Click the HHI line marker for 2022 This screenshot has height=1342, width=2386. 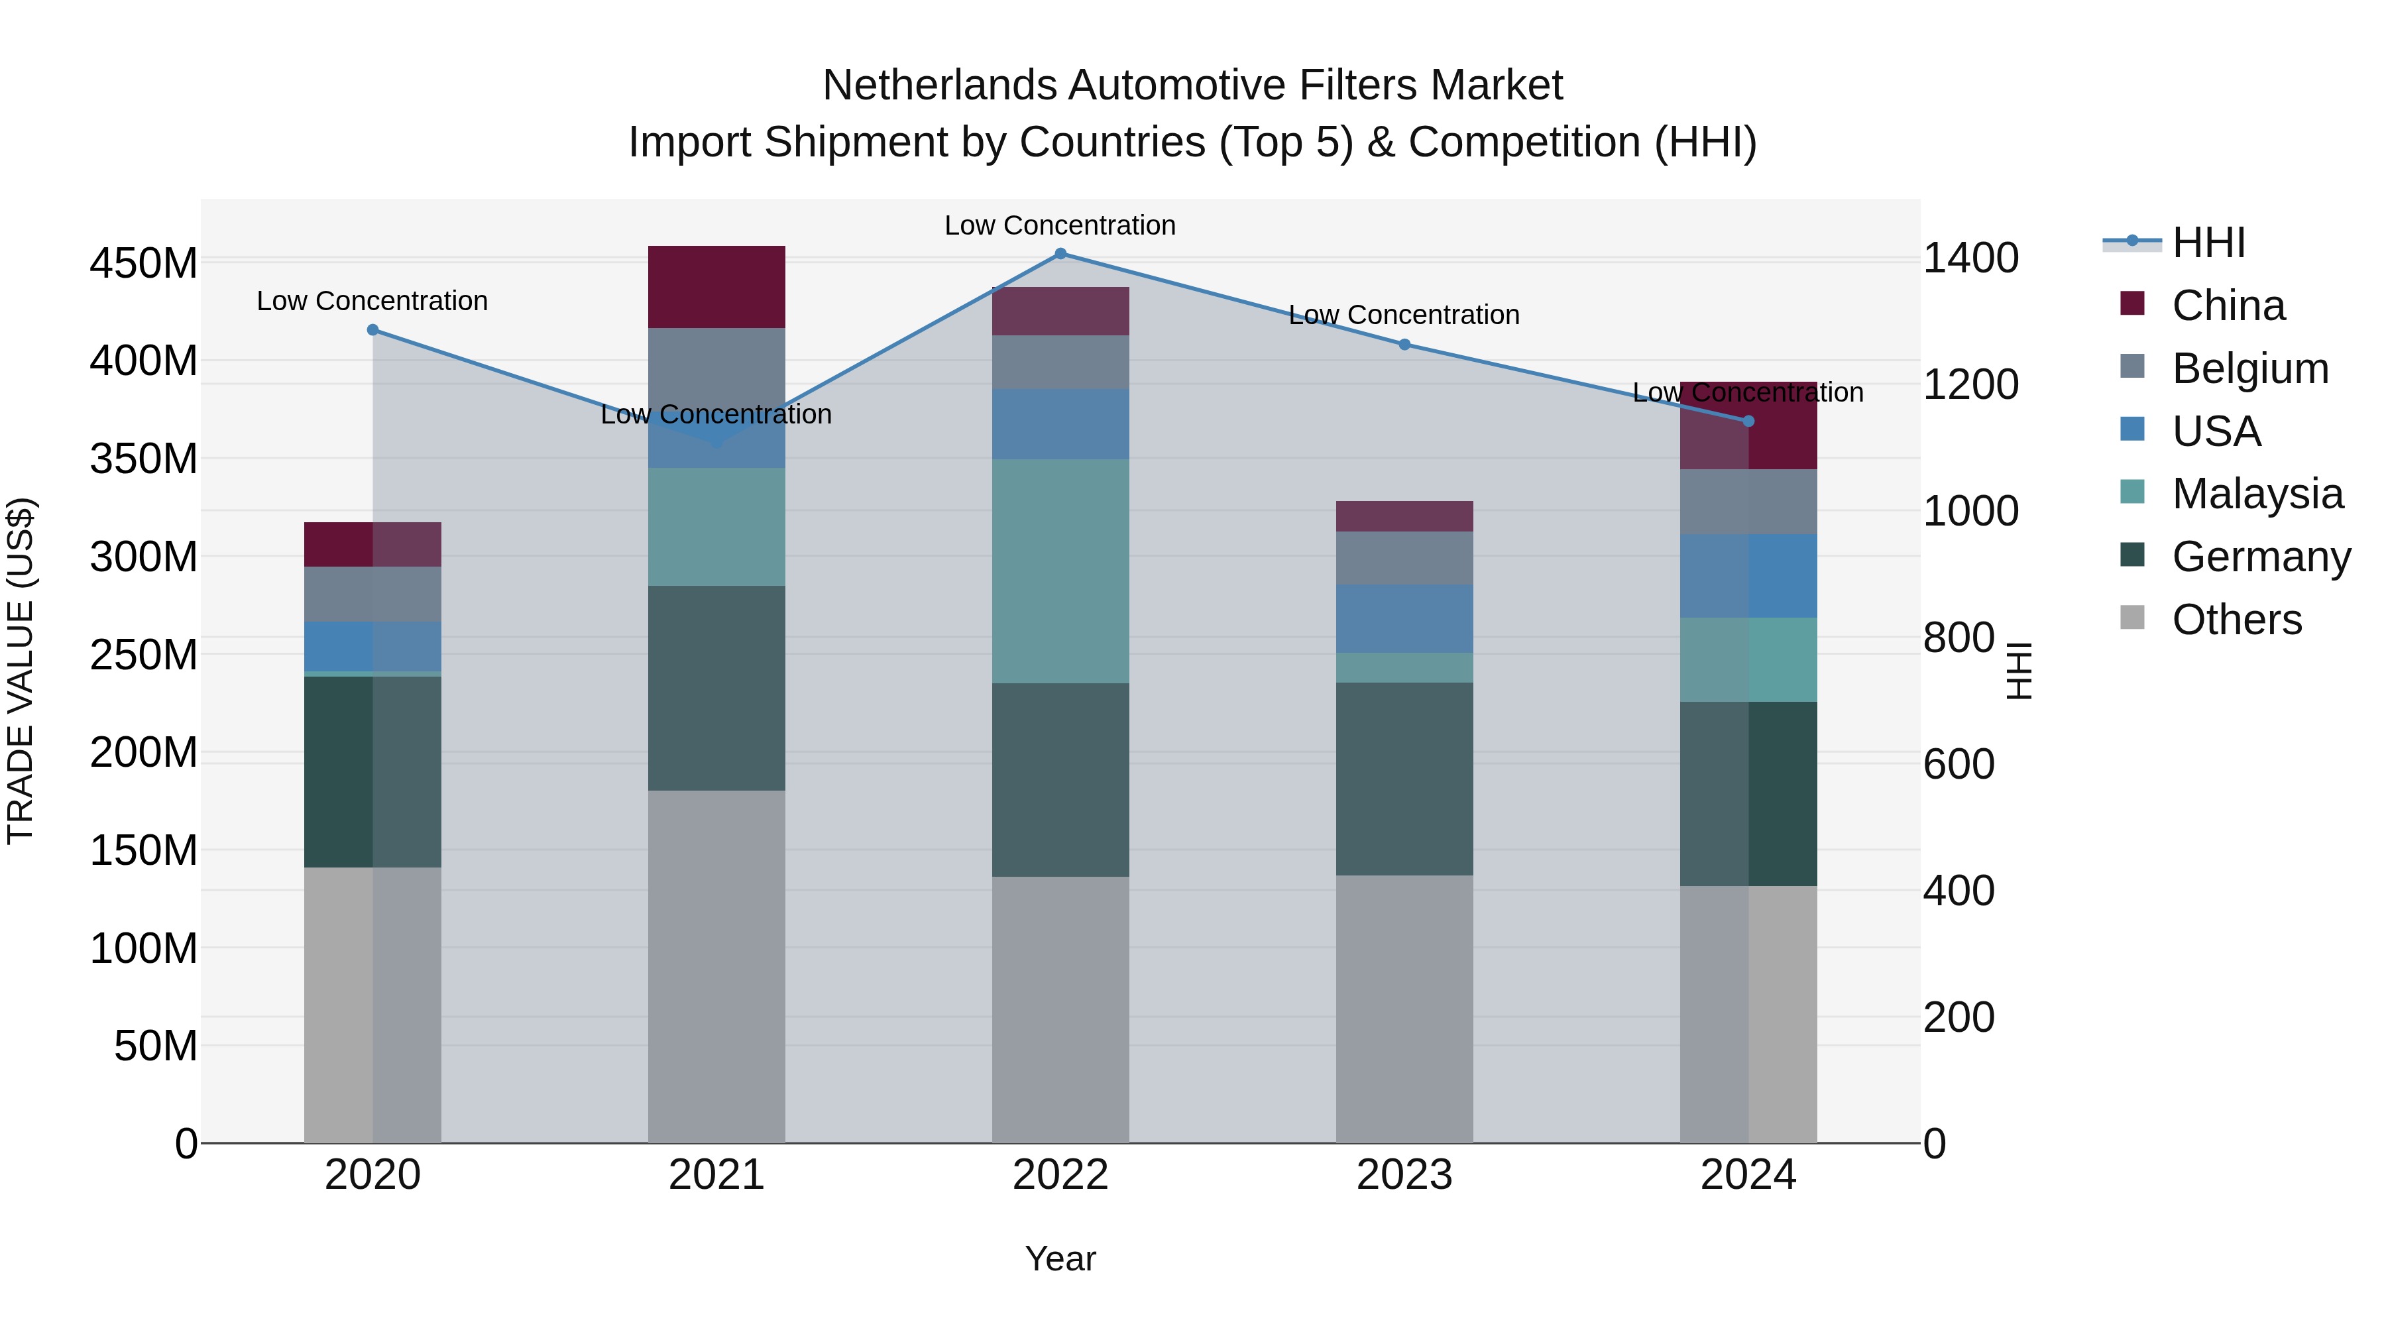[x=1060, y=254]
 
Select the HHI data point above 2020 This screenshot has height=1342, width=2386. [x=372, y=330]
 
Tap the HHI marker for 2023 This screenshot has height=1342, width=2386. [x=1404, y=345]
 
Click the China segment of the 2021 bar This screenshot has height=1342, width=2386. [x=716, y=287]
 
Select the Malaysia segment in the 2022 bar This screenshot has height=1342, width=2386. [x=1060, y=571]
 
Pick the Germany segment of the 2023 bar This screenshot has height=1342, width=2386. [x=1404, y=779]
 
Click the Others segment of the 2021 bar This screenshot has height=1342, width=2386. [x=716, y=966]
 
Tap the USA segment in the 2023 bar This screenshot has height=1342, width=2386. [x=1404, y=619]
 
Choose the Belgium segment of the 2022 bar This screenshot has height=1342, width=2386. [x=1060, y=362]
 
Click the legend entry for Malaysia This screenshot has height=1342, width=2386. [x=2257, y=494]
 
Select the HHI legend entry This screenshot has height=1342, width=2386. [x=2208, y=243]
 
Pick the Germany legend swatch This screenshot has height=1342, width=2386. [x=2132, y=556]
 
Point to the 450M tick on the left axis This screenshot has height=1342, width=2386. [x=144, y=264]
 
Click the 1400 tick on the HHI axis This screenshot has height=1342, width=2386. [x=1970, y=258]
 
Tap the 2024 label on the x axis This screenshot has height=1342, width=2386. [x=1748, y=1175]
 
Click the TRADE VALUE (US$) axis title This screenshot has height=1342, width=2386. [x=21, y=671]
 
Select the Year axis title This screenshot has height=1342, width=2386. [x=1060, y=1258]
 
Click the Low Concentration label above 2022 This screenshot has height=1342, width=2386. [x=1060, y=225]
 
